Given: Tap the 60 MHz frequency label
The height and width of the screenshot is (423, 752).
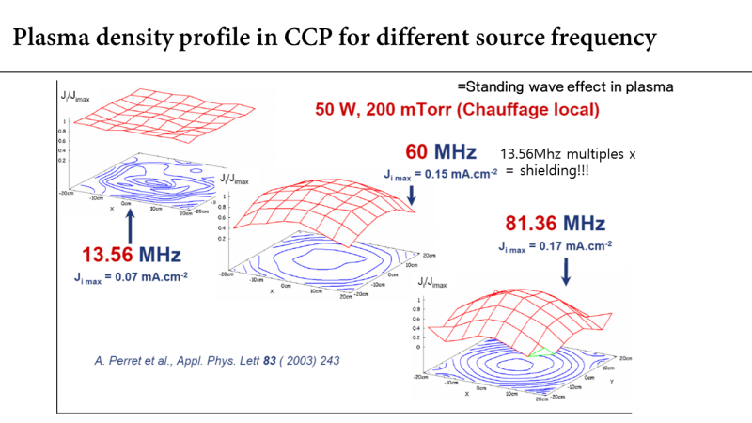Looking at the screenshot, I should pyautogui.click(x=440, y=152).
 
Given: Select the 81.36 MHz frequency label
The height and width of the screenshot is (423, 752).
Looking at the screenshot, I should pyautogui.click(x=553, y=224).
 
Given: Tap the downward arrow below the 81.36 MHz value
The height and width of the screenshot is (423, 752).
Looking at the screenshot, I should pyautogui.click(x=566, y=271).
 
